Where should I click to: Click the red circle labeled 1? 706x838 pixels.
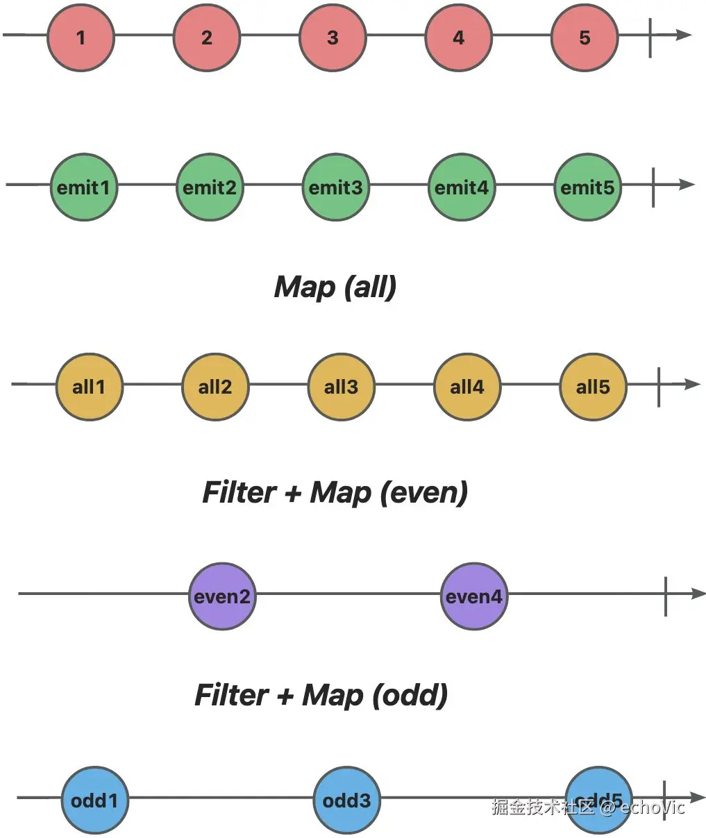[81, 37]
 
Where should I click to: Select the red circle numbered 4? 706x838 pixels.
[459, 37]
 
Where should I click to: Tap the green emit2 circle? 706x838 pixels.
[210, 187]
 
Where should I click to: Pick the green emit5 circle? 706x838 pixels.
[587, 187]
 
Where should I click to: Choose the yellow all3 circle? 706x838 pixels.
[342, 387]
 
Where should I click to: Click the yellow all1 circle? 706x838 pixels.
[90, 387]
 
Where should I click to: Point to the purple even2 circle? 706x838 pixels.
[222, 596]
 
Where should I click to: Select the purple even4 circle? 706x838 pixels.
[474, 596]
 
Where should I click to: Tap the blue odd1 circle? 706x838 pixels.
[95, 801]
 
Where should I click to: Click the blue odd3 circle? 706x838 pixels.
[347, 801]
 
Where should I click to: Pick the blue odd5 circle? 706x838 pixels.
[599, 801]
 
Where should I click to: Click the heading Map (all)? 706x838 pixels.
[335, 287]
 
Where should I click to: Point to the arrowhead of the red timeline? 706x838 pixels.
[684, 35]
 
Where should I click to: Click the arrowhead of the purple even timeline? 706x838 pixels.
[698, 594]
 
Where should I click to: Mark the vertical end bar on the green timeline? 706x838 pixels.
[653, 187]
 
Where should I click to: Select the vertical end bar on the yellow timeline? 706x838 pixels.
[659, 387]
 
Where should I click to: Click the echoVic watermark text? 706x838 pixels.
[653, 807]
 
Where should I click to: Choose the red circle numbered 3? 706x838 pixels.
[333, 37]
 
